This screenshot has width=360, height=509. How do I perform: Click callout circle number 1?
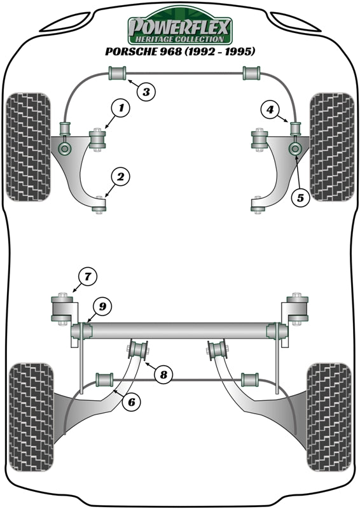(121, 108)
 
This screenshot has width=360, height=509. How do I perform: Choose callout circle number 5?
(301, 197)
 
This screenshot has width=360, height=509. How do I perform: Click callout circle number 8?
(163, 375)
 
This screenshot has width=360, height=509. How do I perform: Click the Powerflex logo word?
(180, 27)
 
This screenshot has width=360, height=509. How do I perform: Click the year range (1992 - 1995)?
(219, 51)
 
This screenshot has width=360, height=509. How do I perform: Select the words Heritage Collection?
(180, 39)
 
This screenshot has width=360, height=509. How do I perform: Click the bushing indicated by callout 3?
(118, 73)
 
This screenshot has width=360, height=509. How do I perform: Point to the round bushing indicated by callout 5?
(294, 149)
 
